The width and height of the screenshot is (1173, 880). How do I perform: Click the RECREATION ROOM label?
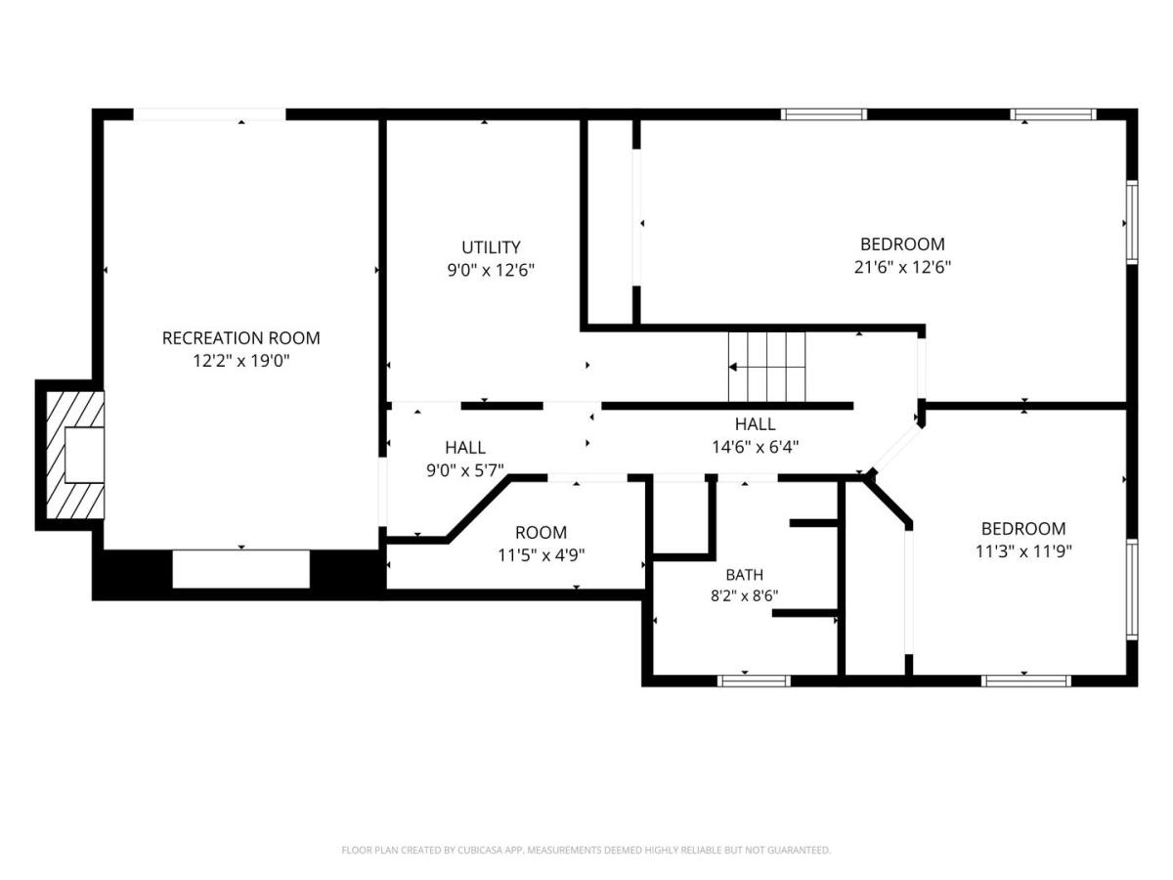(240, 337)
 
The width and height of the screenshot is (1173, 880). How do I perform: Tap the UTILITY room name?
(491, 246)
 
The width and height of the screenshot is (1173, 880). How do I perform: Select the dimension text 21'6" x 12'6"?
(902, 267)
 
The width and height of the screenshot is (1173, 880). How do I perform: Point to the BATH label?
(744, 575)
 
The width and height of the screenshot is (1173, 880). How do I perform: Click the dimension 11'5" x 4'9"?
(541, 555)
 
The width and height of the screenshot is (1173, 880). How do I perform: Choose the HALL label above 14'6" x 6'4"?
(755, 423)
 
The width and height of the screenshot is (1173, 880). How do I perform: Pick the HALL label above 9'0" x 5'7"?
(465, 447)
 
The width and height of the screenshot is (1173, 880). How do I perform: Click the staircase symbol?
(766, 367)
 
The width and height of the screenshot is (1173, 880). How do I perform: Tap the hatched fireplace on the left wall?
(75, 455)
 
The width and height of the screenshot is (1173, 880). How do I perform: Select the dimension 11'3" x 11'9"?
(1023, 550)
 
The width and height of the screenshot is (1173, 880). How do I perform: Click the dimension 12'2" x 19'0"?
(240, 361)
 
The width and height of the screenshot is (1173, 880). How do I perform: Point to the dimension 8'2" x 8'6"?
(744, 595)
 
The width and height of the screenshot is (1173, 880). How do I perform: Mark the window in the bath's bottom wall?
(753, 681)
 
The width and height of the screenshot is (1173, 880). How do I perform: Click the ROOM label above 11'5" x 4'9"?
(541, 533)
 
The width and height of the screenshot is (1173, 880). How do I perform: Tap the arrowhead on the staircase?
(733, 367)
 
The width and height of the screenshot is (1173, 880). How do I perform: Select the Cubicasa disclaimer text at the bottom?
(586, 850)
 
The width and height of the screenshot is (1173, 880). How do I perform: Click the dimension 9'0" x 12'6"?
(491, 270)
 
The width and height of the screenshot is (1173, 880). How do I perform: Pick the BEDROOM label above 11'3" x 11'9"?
(1023, 528)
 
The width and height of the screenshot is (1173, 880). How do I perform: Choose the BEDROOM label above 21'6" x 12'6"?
(902, 243)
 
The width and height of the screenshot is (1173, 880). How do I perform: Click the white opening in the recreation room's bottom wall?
(240, 569)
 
